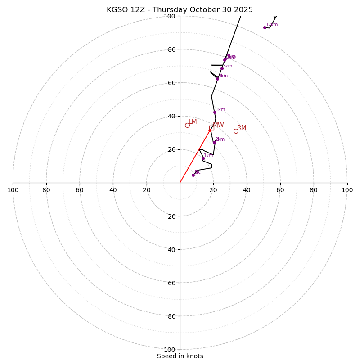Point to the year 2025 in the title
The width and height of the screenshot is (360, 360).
click(243, 10)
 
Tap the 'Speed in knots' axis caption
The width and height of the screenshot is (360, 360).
click(180, 356)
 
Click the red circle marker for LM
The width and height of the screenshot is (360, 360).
click(187, 125)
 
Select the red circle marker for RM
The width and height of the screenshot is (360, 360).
click(236, 131)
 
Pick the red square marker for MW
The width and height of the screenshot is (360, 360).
click(211, 128)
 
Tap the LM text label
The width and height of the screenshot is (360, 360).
click(193, 122)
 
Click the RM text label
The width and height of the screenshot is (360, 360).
click(242, 128)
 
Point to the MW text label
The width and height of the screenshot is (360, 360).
click(218, 125)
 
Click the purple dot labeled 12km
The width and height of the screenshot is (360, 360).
click(265, 27)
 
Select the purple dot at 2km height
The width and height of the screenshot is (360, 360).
click(214, 142)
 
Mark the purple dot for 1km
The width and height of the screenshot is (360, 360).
click(203, 158)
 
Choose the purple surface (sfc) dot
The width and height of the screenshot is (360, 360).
click(193, 175)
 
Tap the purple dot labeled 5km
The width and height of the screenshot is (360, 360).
click(222, 68)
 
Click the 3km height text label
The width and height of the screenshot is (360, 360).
click(220, 110)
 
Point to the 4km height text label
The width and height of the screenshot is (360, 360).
click(223, 76)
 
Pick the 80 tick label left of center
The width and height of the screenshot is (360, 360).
click(46, 190)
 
